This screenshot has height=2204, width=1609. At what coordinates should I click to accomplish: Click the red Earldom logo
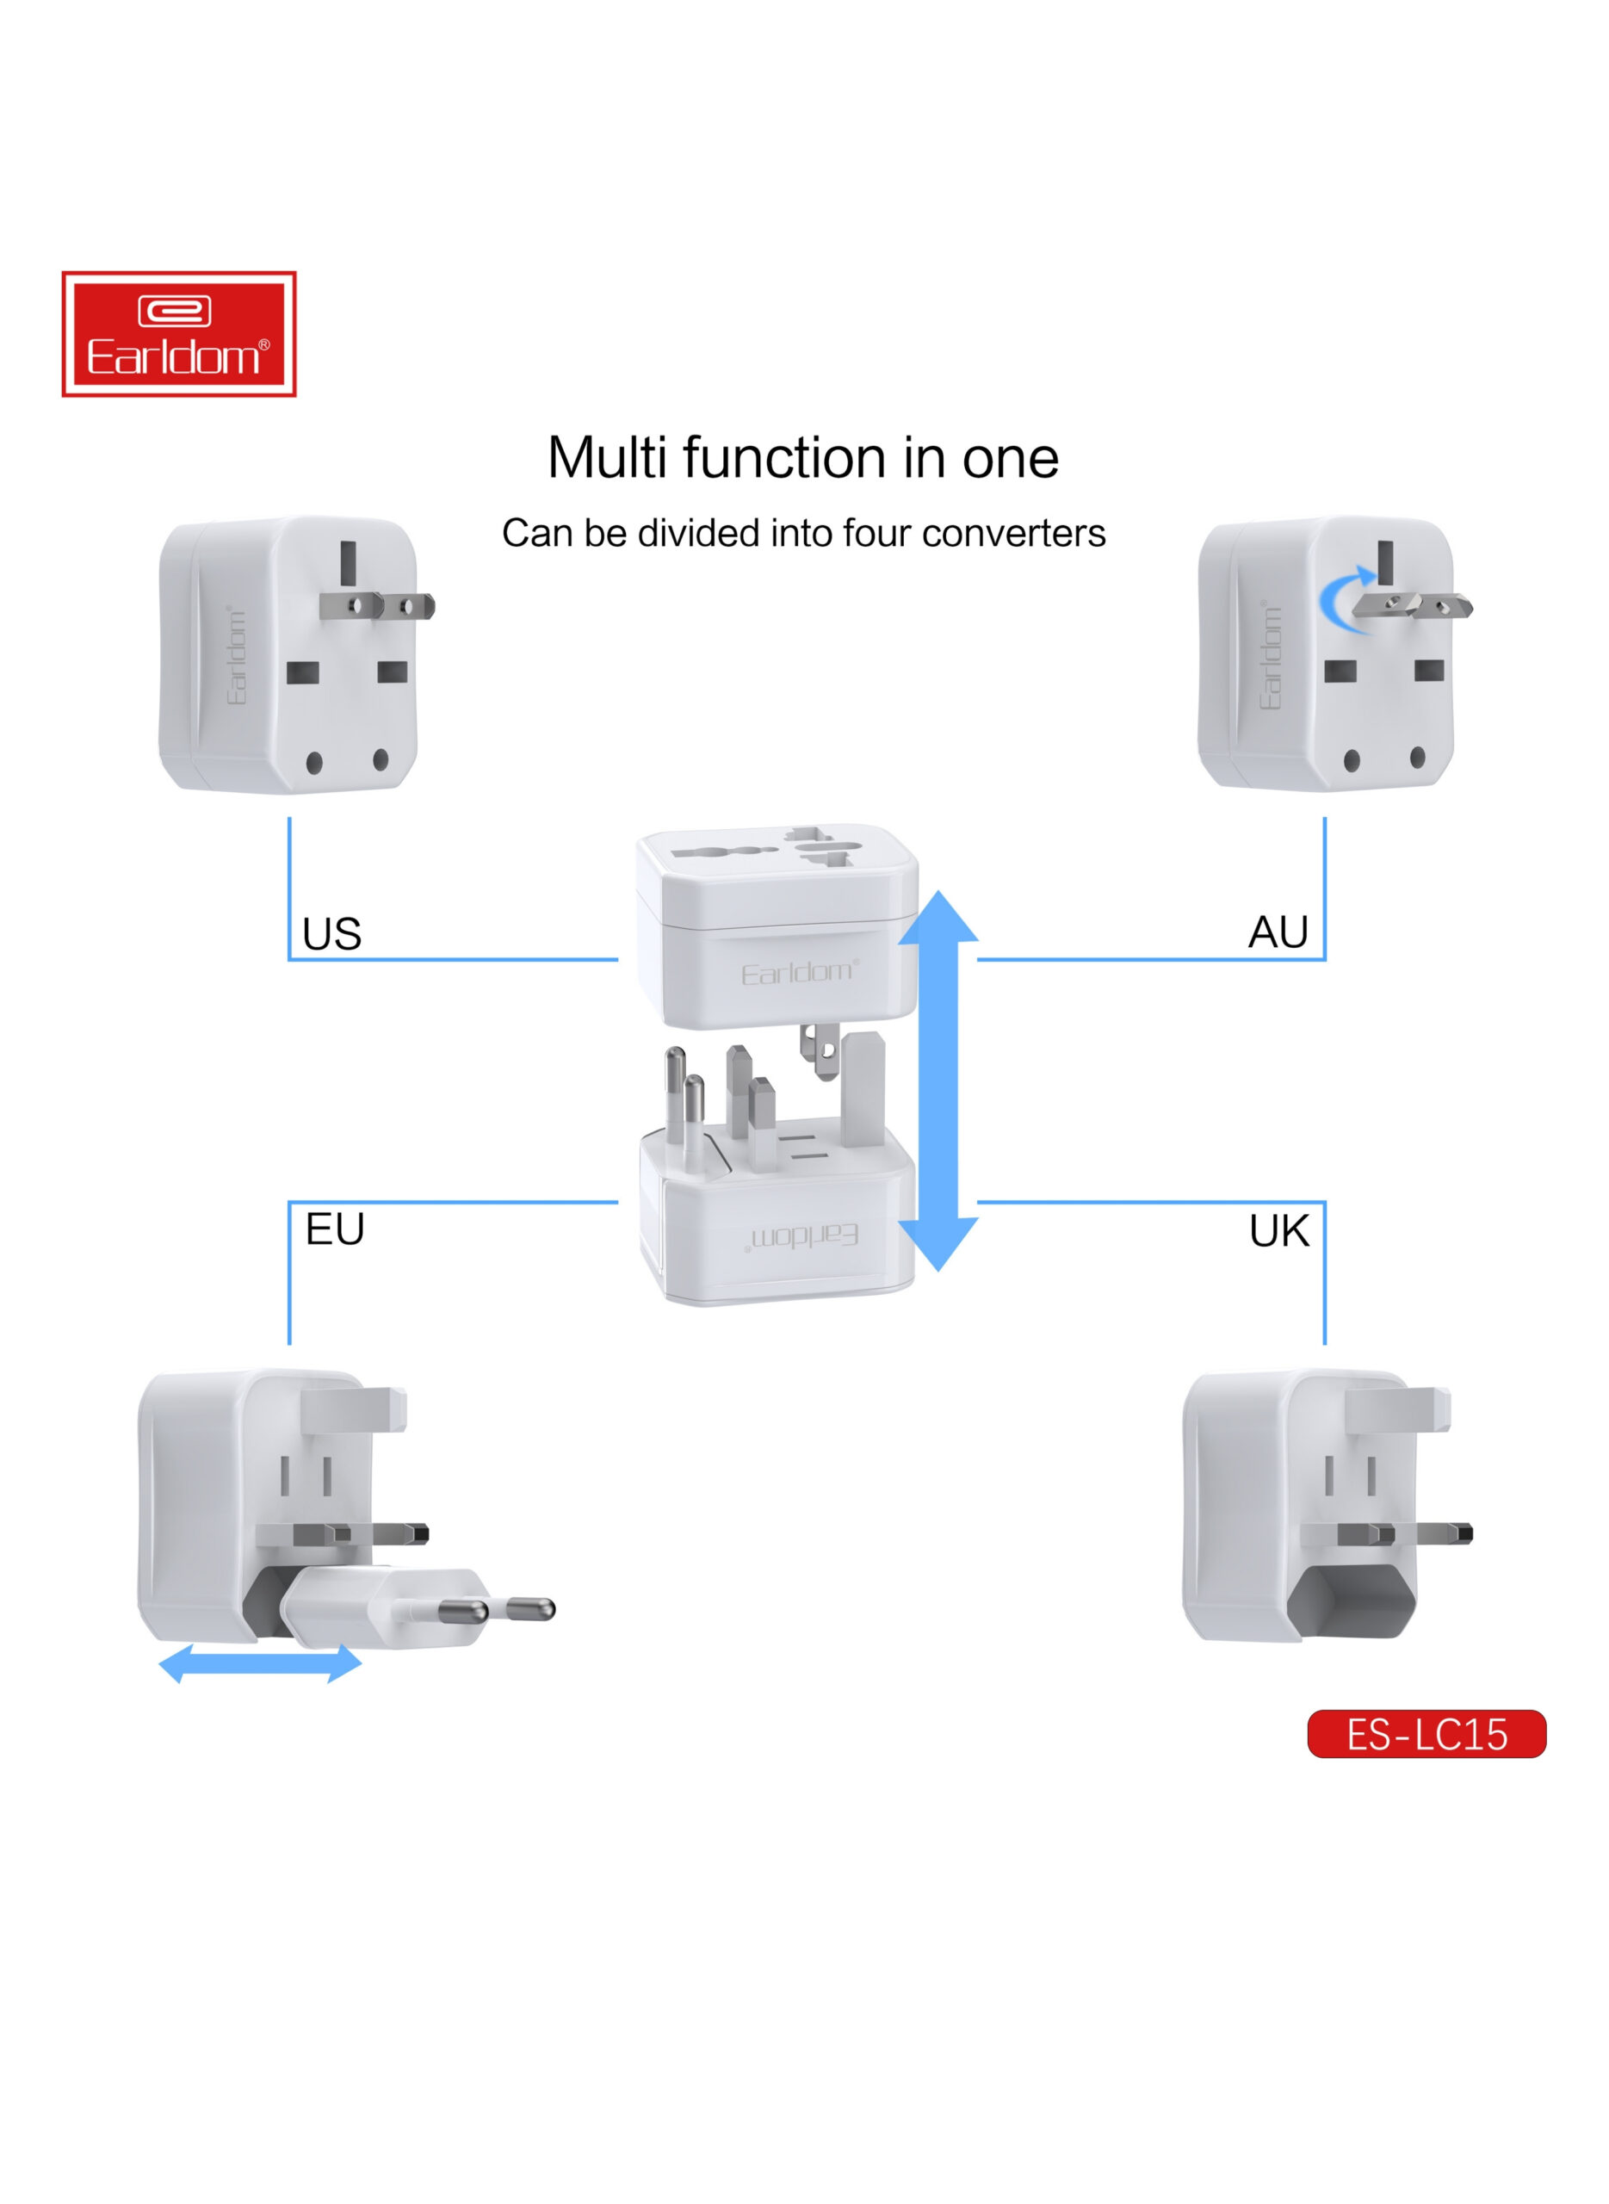tap(179, 334)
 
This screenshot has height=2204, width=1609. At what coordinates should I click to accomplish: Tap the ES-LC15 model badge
tap(1426, 1734)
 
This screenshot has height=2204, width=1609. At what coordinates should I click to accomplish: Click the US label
tap(332, 934)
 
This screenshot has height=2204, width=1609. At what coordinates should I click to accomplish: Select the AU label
tap(1278, 932)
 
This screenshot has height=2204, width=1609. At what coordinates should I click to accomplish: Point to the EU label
tap(335, 1229)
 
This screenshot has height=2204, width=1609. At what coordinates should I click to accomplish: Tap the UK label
tap(1278, 1231)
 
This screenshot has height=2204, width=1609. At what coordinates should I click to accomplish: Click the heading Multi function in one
tap(803, 458)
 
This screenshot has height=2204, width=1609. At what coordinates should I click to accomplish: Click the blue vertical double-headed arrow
tap(938, 1080)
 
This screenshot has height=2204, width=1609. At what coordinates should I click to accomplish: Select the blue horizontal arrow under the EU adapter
tap(260, 1663)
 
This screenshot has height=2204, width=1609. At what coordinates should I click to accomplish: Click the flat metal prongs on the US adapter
tap(377, 606)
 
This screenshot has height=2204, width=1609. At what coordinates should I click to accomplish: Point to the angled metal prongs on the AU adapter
tap(1412, 606)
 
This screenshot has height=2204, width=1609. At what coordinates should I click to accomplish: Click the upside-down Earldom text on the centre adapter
tap(803, 1237)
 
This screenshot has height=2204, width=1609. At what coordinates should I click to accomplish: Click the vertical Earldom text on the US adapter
tap(237, 654)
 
